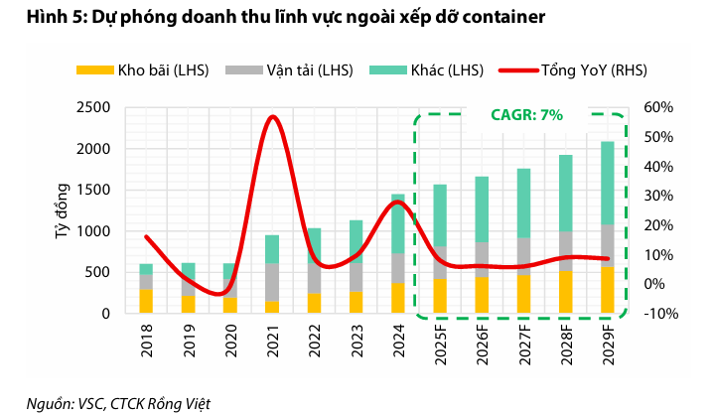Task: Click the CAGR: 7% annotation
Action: click(x=527, y=115)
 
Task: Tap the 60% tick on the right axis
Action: click(x=659, y=107)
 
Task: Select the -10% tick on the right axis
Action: click(x=659, y=314)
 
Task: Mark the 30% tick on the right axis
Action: click(x=659, y=196)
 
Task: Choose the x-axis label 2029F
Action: click(x=607, y=344)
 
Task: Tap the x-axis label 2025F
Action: click(x=440, y=344)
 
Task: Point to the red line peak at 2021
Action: click(x=272, y=117)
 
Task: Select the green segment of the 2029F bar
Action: click(x=607, y=184)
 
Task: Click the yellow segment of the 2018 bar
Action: click(x=146, y=301)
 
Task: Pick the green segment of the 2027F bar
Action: click(x=523, y=204)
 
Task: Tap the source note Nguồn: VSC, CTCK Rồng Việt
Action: click(x=118, y=402)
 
